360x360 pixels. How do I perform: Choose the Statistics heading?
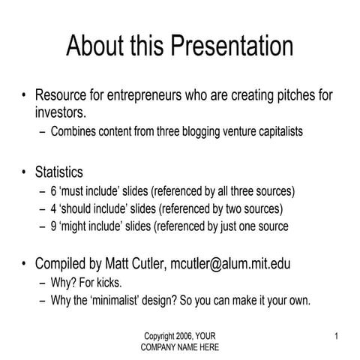66,172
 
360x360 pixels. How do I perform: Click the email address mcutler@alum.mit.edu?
230,264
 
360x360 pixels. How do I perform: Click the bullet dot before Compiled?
26,264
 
